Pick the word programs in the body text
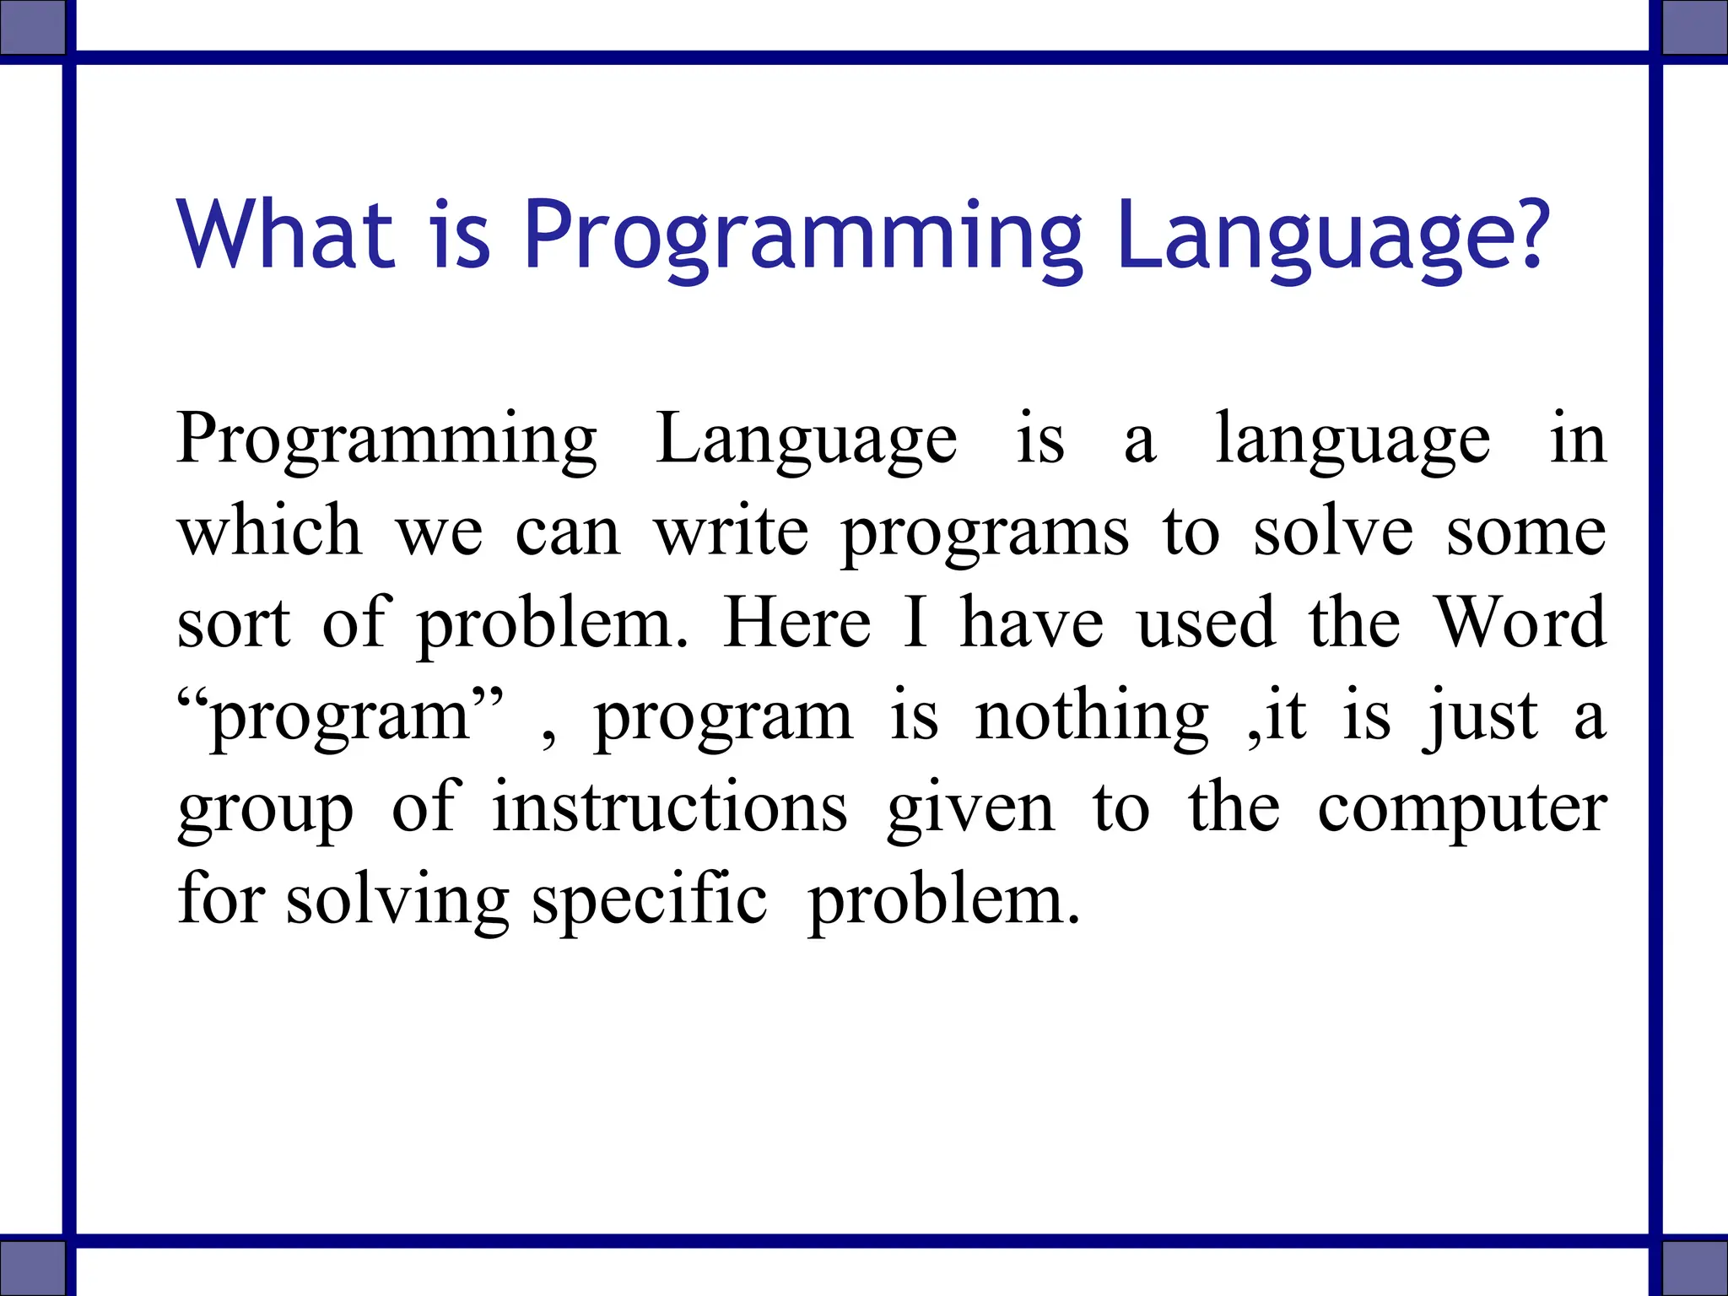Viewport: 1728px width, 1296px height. (x=985, y=535)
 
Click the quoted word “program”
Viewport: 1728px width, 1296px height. (x=341, y=717)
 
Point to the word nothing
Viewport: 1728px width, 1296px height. (x=1092, y=717)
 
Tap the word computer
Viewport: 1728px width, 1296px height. (x=1461, y=810)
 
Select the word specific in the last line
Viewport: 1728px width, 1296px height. (x=650, y=901)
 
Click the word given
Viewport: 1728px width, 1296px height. (x=970, y=810)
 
